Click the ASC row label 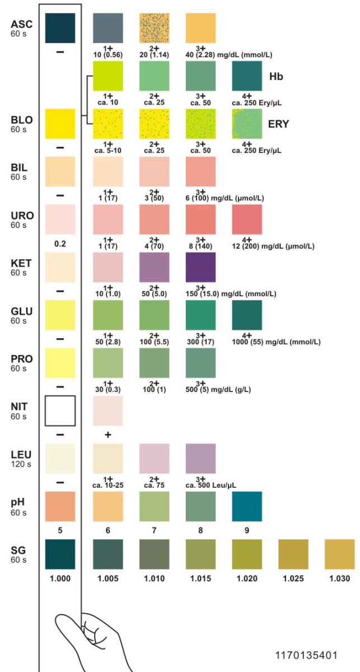pos(21,25)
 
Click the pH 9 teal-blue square pos(247,506)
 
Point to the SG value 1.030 pos(339,578)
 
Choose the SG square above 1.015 pos(200,554)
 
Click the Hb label pos(276,76)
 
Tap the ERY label pos(279,124)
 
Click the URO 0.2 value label pos(60,244)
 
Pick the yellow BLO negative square pos(60,124)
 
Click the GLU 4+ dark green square pos(247,315)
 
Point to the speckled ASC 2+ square pos(154,27)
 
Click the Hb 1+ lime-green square pos(107,76)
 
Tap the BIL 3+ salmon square pos(200,171)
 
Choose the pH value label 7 pos(154,530)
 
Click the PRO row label pos(21,359)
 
